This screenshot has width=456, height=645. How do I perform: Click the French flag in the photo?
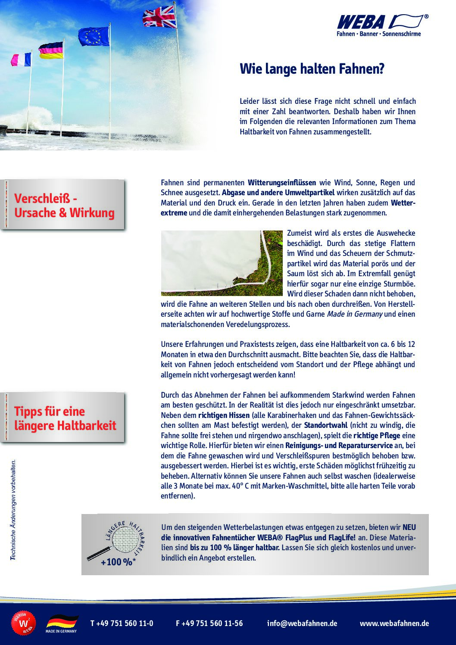[x=21, y=59]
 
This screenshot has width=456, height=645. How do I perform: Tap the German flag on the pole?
[x=51, y=50]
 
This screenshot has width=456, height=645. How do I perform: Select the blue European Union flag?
[x=94, y=36]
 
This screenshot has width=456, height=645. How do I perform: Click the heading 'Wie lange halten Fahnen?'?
[x=312, y=69]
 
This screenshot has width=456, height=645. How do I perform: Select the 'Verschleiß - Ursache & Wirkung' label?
[x=64, y=206]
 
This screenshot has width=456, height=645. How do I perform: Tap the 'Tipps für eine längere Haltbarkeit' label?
[x=65, y=418]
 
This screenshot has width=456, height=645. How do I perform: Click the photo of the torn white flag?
[x=222, y=263]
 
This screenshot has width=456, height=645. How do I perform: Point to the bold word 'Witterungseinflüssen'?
[x=281, y=183]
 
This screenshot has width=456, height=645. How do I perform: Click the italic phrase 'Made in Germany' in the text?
[x=354, y=314]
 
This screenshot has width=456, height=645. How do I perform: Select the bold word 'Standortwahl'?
[x=325, y=425]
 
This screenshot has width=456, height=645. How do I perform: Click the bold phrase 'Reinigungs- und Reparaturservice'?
[x=339, y=446]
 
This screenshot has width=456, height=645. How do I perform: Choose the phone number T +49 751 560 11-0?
[x=122, y=623]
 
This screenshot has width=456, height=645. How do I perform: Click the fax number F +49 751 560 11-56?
[x=209, y=623]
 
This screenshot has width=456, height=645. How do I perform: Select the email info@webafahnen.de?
[x=302, y=623]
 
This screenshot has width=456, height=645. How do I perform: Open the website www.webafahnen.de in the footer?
[x=394, y=623]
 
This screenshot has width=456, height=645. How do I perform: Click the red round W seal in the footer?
[x=23, y=623]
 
